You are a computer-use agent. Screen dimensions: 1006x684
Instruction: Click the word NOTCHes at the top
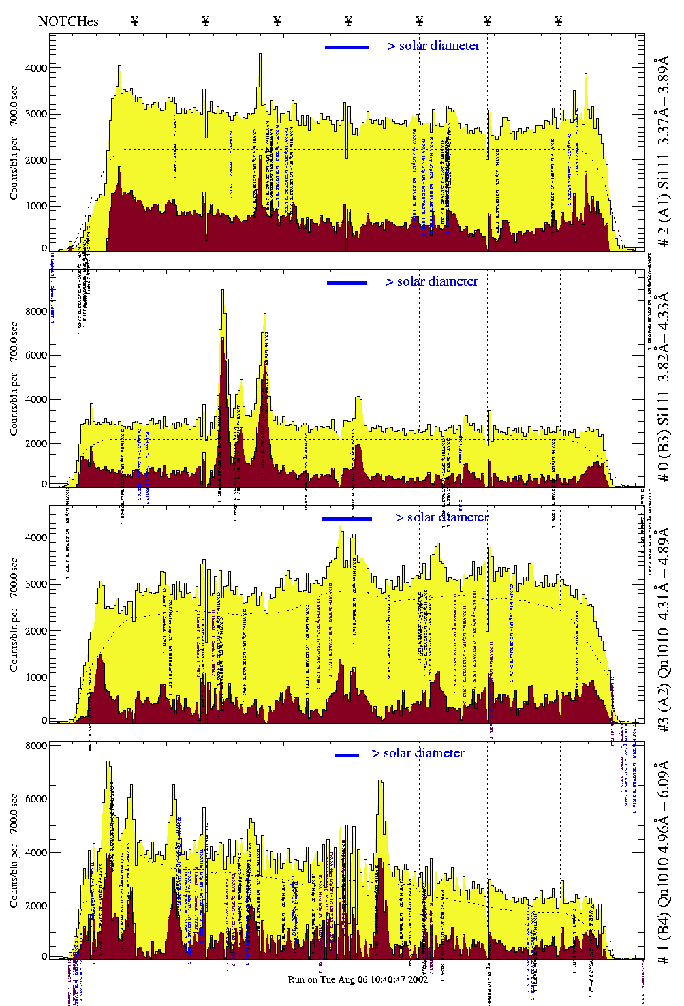coord(68,21)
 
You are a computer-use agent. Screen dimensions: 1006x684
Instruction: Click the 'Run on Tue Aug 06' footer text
coord(358,979)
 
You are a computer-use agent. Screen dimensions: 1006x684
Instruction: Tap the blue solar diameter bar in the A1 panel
coord(347,47)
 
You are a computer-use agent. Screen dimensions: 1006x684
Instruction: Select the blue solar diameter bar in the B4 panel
coord(347,755)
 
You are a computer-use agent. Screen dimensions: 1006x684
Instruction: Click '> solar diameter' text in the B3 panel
coord(431,281)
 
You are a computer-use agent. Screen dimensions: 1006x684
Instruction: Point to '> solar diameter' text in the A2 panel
coord(441,517)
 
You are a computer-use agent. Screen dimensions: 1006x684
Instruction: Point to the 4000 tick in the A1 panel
coord(36,68)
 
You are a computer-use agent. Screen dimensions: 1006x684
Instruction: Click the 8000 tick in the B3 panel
coord(36,311)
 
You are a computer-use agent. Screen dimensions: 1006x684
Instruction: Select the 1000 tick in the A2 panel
coord(36,677)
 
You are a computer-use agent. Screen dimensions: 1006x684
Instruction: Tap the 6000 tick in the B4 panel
coord(36,799)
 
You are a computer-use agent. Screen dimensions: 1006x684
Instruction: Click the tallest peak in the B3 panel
coord(222,291)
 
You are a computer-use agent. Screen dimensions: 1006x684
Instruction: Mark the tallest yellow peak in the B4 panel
coord(108,763)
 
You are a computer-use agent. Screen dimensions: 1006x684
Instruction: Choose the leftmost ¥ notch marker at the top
coord(134,21)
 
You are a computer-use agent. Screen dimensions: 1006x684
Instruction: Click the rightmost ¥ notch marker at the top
coord(559,21)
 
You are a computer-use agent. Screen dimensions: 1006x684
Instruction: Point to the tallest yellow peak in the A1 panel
coord(260,55)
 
